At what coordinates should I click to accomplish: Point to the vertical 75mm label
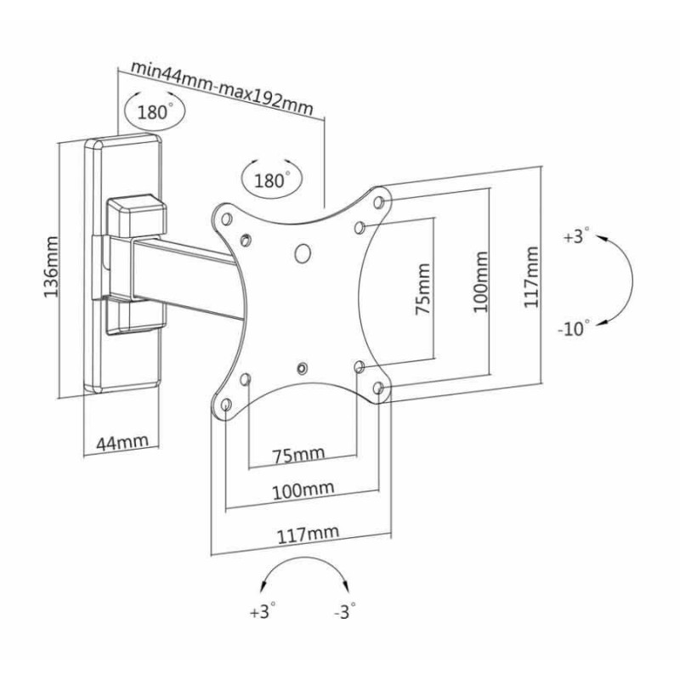click(x=422, y=289)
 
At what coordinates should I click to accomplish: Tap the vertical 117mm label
click(x=531, y=276)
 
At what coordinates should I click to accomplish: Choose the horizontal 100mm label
click(x=303, y=491)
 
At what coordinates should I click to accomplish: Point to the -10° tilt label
click(x=575, y=329)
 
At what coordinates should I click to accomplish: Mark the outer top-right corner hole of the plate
click(x=380, y=202)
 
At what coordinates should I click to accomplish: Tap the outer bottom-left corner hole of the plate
click(x=227, y=404)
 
